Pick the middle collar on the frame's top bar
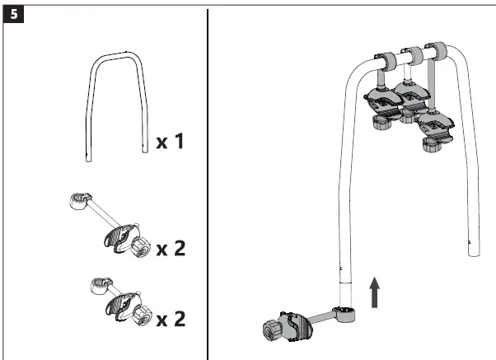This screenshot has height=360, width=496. (414, 54)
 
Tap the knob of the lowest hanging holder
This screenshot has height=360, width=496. (429, 145)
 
